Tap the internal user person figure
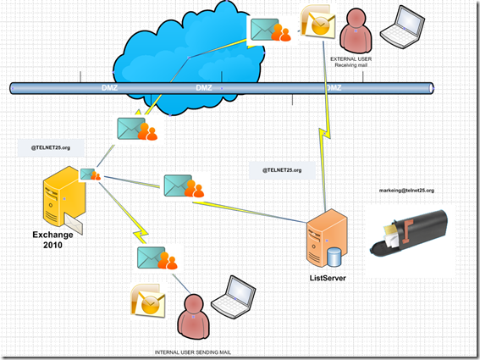tap(193, 313)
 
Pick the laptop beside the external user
tap(400, 26)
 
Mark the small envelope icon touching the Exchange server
tap(91, 174)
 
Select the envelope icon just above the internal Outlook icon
tap(156, 257)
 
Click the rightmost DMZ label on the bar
tap(334, 87)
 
